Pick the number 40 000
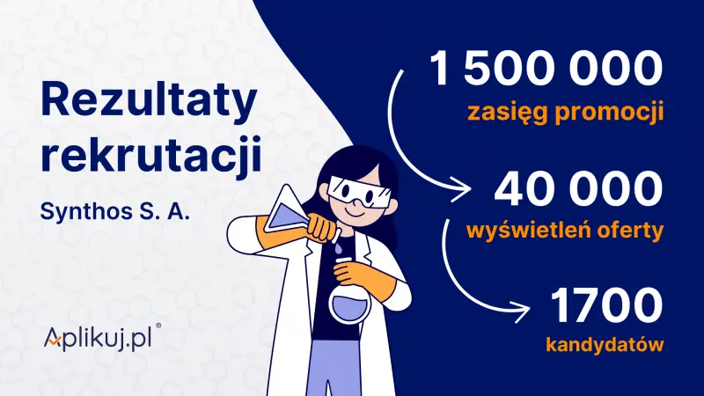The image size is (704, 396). pyautogui.click(x=576, y=188)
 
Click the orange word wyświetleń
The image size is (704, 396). pyautogui.click(x=530, y=231)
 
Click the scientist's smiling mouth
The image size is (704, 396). pyautogui.click(x=356, y=211)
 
